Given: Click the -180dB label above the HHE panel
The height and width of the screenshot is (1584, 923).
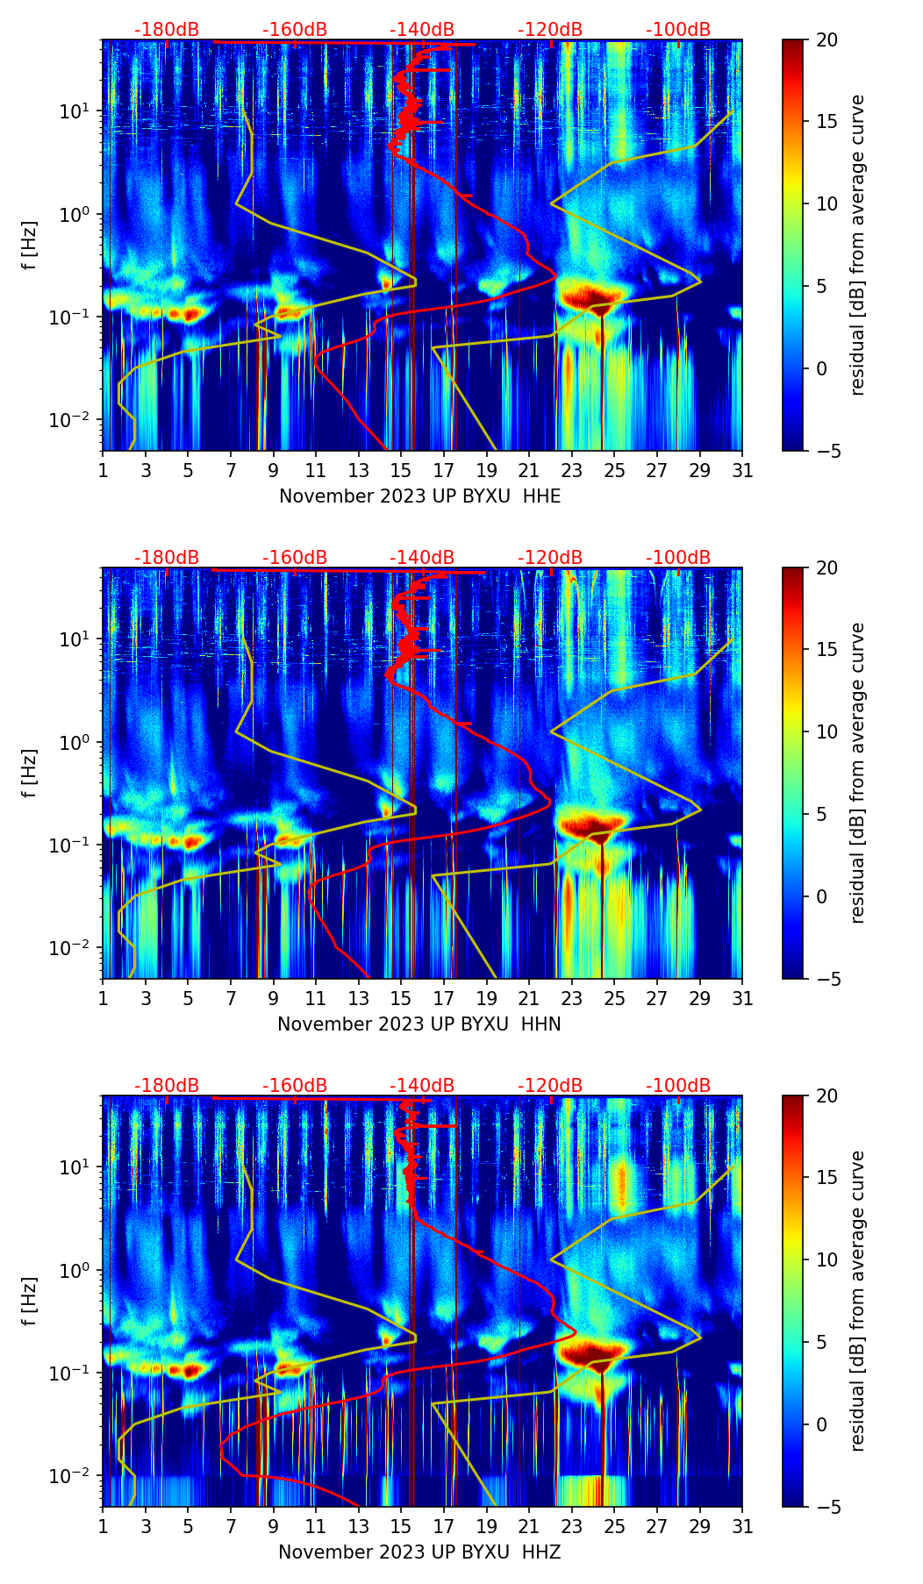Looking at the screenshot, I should click(x=167, y=30).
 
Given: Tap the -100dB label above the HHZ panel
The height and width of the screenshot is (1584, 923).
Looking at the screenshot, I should click(x=678, y=1086).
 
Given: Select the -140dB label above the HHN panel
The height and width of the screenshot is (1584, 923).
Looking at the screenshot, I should click(x=422, y=558).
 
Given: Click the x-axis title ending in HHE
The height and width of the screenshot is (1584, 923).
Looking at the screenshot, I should click(x=419, y=496).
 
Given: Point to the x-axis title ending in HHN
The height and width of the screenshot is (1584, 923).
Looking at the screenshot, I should click(x=419, y=1024).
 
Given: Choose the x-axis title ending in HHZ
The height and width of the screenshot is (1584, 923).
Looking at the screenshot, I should click(x=419, y=1552).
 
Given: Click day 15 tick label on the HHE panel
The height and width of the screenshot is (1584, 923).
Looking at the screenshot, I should click(x=401, y=470).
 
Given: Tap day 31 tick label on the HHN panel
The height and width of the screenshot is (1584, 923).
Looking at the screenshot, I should click(x=742, y=998).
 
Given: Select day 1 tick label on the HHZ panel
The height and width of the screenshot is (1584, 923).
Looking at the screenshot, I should click(x=103, y=1526).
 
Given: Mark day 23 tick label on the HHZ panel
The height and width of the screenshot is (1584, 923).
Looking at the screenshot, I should click(x=572, y=1526).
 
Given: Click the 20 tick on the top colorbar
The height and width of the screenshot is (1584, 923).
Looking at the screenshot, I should click(x=827, y=39).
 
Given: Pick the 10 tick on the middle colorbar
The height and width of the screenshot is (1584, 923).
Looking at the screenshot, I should click(x=827, y=731).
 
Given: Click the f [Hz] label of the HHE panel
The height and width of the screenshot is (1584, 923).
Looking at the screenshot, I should click(x=32, y=245).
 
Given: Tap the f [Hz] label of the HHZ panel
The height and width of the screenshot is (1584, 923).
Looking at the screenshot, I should click(x=32, y=1301).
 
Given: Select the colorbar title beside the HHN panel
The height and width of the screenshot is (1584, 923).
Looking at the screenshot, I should click(x=857, y=773).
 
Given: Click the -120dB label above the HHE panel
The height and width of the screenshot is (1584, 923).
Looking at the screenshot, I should click(x=550, y=30).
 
